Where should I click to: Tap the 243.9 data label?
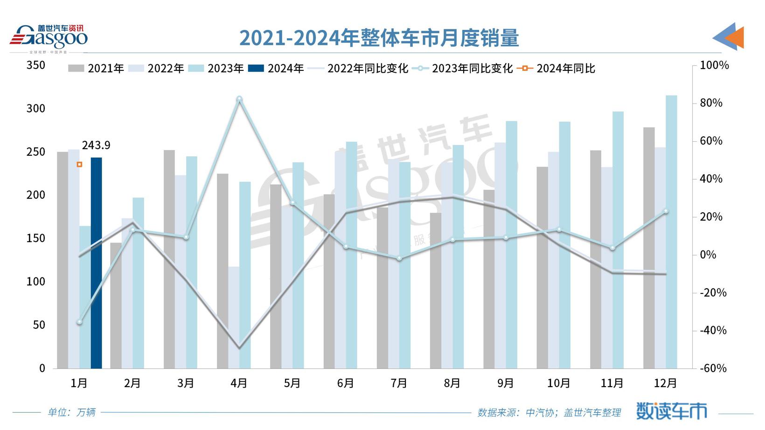pyautogui.click(x=96, y=146)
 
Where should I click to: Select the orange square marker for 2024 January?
pyautogui.click(x=79, y=165)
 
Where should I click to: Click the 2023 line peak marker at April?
pyautogui.click(x=239, y=99)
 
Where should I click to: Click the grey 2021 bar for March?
pyautogui.click(x=169, y=259)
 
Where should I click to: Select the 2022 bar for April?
pyautogui.click(x=234, y=317)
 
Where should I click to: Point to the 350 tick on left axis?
pyautogui.click(x=36, y=65)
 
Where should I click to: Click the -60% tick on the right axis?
pyautogui.click(x=713, y=368)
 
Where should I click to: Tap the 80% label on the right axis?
pyautogui.click(x=711, y=103)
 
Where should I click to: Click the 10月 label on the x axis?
pyautogui.click(x=558, y=383)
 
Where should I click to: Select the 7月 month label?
pyautogui.click(x=399, y=383)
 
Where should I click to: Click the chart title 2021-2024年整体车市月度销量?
pyautogui.click(x=379, y=38)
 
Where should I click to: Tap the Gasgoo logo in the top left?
pyautogui.click(x=49, y=37)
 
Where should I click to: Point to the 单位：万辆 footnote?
pyautogui.click(x=72, y=412)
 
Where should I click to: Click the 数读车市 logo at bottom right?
pyautogui.click(x=672, y=411)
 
